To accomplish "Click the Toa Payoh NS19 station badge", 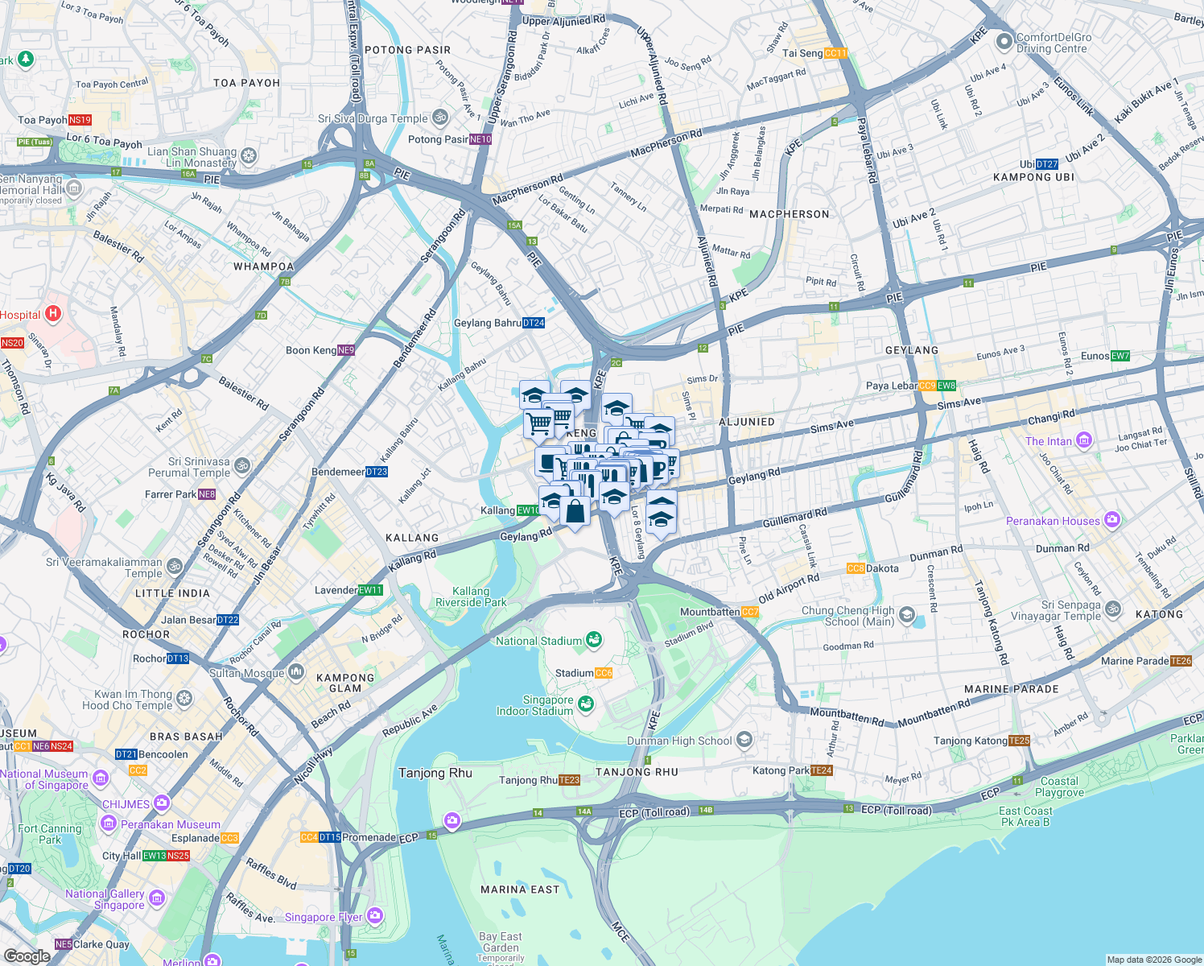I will pos(80,120).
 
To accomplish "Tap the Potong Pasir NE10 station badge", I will pos(480,139).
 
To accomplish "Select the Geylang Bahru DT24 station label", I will pos(533,323).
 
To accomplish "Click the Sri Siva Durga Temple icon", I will pos(439,118).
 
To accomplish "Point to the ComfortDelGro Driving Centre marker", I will pos(1004,42).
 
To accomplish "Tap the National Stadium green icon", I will pos(594,640).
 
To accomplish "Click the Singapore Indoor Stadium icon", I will pos(585,704).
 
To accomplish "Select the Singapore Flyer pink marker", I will pos(374,915).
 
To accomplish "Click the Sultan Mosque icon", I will pos(296,671).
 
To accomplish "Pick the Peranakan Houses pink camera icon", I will pos(1111,520).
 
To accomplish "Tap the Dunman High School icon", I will pos(744,740).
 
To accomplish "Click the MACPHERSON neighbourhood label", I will pos(789,214).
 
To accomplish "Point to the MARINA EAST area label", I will pos(519,890).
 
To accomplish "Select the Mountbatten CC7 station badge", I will pos(750,613).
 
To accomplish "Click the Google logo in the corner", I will pos(27,956).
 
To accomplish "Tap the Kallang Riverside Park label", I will pos(471,597).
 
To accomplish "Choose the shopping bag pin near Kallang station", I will pos(575,511).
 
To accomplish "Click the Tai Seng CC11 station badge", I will pos(835,54).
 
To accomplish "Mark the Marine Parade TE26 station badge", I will pos(1181,661).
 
